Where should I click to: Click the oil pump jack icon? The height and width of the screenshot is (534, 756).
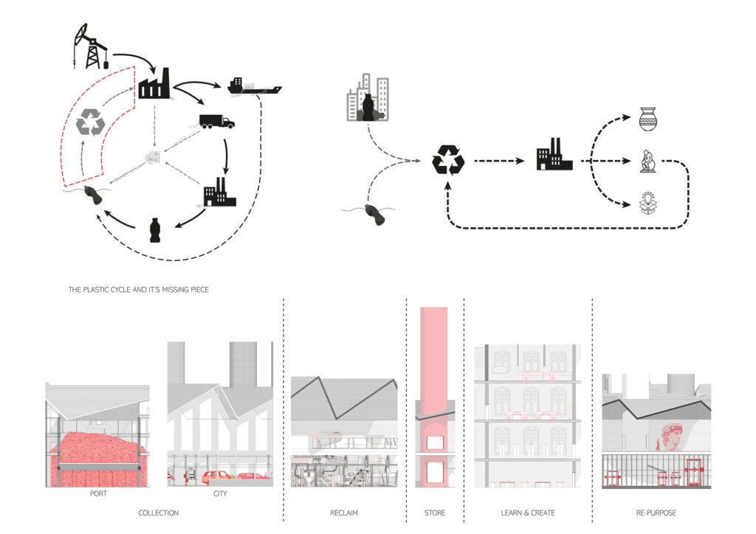(92, 46)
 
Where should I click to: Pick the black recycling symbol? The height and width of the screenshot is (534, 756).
(448, 159)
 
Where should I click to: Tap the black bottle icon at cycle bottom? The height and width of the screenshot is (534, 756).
(154, 229)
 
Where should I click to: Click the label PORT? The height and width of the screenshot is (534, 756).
(97, 494)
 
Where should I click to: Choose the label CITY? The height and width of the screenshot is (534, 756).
(220, 494)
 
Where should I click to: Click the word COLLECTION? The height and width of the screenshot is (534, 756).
(158, 513)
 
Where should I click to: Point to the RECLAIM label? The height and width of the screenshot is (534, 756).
(344, 513)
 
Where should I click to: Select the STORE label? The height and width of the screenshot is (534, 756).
(435, 513)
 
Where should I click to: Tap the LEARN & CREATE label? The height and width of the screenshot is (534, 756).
(527, 513)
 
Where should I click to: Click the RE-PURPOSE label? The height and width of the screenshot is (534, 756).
(656, 513)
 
